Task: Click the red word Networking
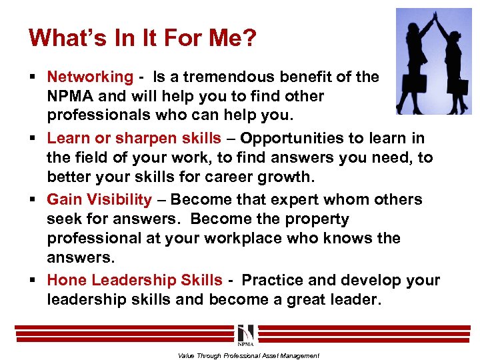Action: click(x=90, y=77)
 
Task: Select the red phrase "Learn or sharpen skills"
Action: click(x=134, y=139)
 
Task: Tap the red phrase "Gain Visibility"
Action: click(x=99, y=200)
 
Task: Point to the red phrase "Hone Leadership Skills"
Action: click(x=135, y=281)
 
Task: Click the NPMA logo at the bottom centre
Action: click(x=245, y=333)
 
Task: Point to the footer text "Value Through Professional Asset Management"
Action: click(x=248, y=355)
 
